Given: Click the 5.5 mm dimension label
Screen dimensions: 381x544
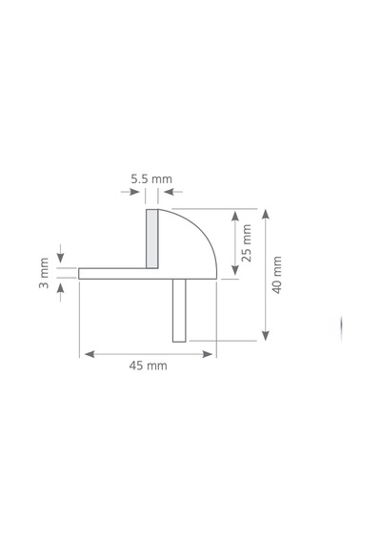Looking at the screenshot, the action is tap(151, 179).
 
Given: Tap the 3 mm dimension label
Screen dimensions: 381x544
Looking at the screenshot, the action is tap(44, 273).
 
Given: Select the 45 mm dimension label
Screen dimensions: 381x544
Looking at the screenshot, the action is tap(148, 366).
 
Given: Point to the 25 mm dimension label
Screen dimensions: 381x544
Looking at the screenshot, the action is tap(247, 242).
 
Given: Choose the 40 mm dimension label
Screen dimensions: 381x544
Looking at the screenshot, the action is tap(277, 275).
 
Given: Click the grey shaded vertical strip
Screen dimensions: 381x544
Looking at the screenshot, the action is tap(151, 239).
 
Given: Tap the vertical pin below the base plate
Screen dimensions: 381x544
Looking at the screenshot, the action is tap(179, 310).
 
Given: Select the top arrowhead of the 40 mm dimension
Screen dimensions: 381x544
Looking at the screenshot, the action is tap(266, 214).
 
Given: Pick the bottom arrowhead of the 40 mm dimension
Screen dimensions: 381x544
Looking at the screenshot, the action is tap(266, 336).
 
